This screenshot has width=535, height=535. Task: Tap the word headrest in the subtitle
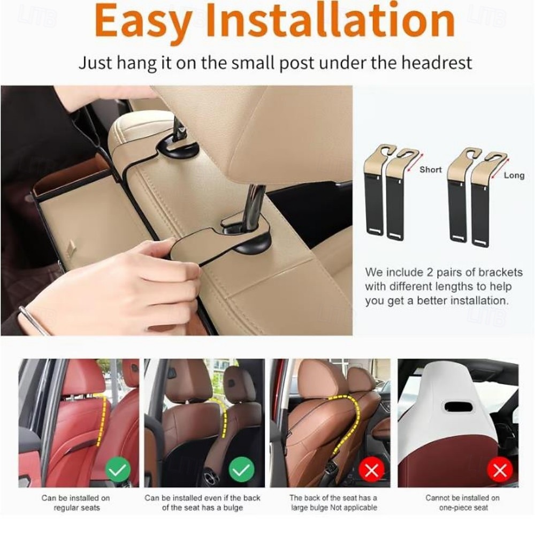[436, 63]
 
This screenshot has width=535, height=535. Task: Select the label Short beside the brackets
[431, 170]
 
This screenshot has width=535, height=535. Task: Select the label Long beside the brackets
[514, 175]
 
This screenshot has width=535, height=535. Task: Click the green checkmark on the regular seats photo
[118, 471]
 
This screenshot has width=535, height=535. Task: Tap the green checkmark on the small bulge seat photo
[241, 471]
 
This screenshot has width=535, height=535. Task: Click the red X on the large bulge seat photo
[371, 471]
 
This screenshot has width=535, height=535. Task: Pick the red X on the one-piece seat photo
[500, 471]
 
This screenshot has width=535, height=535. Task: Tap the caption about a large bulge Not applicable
[333, 502]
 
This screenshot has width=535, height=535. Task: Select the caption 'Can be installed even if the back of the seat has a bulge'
[202, 502]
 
